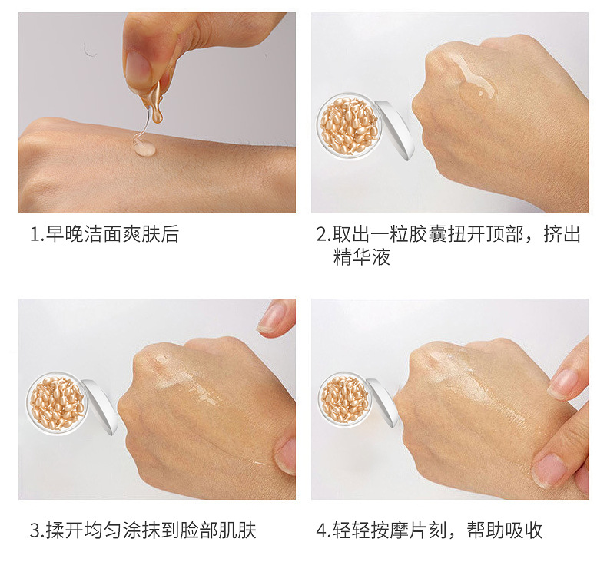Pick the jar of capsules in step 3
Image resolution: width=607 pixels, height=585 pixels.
[x=58, y=403]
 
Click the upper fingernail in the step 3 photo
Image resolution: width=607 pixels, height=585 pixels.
[x=272, y=317]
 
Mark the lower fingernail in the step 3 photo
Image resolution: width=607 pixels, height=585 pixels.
[x=285, y=455]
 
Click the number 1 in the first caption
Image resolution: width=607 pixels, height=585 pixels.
[x=34, y=234]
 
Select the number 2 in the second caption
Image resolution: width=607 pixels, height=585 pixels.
[x=322, y=234]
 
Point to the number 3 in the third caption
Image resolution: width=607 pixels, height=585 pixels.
[x=34, y=530]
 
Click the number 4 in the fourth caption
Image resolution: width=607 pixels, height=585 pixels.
[x=322, y=530]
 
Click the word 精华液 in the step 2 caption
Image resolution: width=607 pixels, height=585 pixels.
[x=361, y=257]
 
